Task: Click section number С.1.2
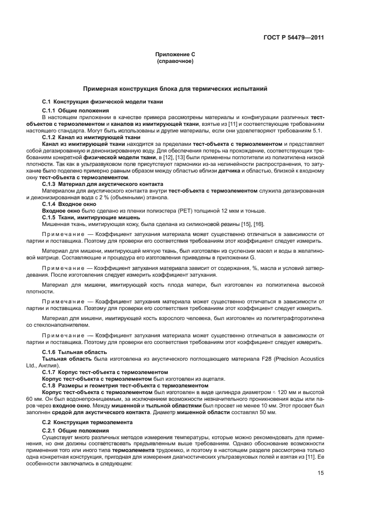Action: point(51,136)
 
